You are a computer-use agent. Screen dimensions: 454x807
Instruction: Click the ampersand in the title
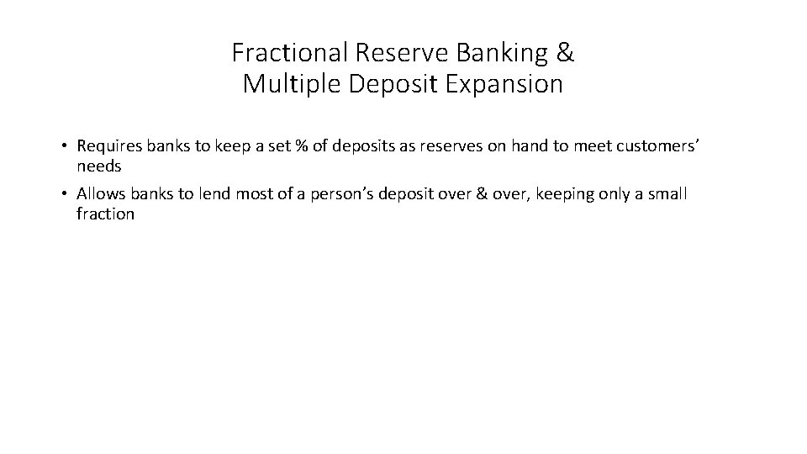click(x=566, y=54)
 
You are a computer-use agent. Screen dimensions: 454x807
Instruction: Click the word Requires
click(x=108, y=146)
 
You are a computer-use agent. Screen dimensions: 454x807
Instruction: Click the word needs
click(x=99, y=166)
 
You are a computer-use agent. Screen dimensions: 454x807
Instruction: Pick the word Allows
click(x=98, y=194)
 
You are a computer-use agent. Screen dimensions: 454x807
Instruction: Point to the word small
click(x=669, y=194)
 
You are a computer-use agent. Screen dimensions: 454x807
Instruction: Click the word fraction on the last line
click(x=105, y=214)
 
